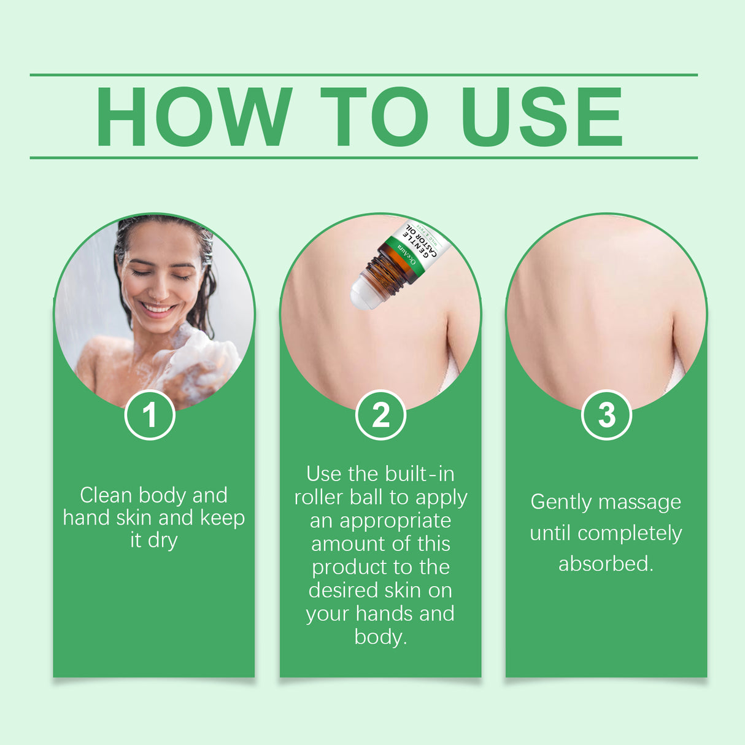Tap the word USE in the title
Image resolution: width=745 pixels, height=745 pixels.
tap(542, 117)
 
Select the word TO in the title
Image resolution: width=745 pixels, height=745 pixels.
tap(374, 117)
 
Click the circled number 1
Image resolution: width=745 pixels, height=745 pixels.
tap(150, 415)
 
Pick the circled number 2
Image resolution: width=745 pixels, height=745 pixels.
tap(380, 415)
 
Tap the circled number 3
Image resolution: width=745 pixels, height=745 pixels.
tap(606, 415)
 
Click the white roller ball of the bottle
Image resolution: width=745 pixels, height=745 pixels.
tap(363, 293)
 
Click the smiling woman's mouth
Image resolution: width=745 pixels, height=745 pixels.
tap(158, 308)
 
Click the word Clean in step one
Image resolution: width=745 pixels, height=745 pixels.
tap(106, 495)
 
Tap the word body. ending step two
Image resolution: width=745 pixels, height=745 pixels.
tap(380, 637)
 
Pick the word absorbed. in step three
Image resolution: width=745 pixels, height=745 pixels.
tap(606, 563)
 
